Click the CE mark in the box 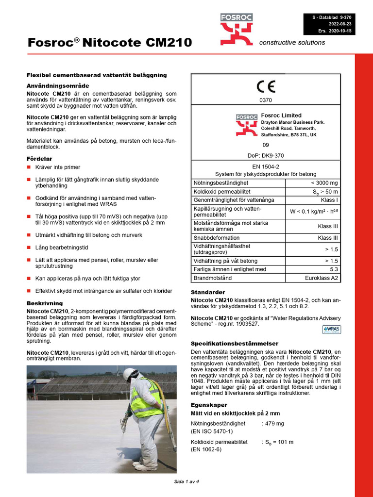266,87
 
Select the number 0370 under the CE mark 266,100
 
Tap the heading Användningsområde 57,85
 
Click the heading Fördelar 39,159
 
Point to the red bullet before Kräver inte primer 29,167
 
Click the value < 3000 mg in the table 324,183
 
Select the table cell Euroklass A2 321,278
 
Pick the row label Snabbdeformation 217,238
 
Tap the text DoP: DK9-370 266,155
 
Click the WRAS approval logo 332,330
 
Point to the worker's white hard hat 129,374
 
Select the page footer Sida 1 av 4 186,481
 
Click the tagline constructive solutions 292,42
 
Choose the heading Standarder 208,292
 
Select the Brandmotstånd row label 213,278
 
